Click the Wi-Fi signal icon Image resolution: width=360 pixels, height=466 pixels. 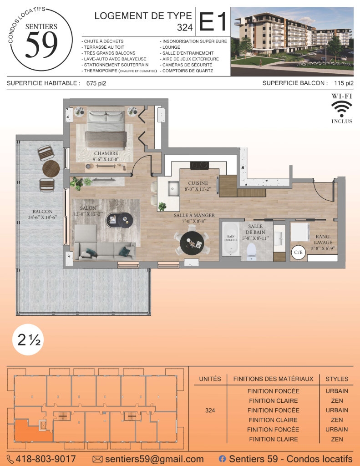tap(342, 109)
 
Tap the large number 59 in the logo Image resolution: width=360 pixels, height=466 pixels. tap(41, 45)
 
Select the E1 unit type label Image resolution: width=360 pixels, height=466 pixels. tap(213, 21)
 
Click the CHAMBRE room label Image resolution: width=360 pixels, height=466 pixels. tap(106, 153)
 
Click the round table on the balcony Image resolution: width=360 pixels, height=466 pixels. tap(51, 169)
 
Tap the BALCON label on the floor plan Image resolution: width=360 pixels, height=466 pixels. tap(42, 211)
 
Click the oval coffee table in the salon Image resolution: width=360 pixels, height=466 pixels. tap(119, 220)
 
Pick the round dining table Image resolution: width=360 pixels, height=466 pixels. tap(192, 243)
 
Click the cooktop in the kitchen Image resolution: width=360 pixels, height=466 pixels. tap(199, 165)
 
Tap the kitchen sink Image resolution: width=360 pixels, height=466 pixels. tap(173, 189)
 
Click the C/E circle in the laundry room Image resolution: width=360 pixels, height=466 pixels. tap(298, 252)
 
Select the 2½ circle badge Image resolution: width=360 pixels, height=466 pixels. tap(29, 339)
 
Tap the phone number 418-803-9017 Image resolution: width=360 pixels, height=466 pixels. tap(46, 459)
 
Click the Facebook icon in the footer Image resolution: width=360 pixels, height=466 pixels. tap(222, 459)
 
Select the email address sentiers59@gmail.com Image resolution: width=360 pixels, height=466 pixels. tap(154, 459)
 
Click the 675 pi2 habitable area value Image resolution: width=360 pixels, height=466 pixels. tap(96, 84)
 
